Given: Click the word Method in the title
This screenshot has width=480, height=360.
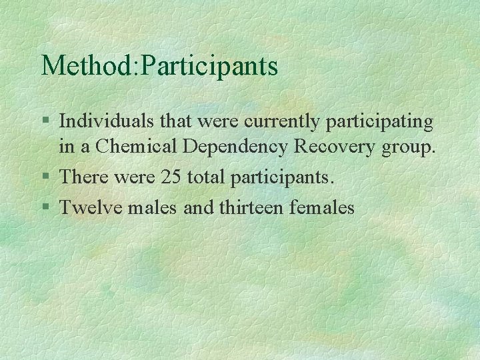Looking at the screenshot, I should tap(86, 66).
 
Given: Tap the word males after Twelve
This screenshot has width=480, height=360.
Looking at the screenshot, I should tap(151, 207).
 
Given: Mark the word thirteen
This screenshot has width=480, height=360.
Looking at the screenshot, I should tap(248, 207).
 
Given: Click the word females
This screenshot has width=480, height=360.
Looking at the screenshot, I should tap(322, 207).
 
